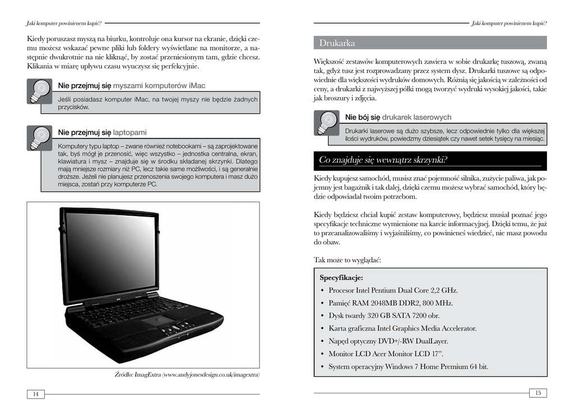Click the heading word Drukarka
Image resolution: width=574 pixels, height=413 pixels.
337,43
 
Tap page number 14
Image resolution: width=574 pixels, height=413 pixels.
35,394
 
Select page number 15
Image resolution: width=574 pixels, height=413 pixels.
538,393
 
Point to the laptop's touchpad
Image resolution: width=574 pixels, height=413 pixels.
160,321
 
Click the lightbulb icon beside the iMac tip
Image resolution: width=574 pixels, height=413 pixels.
39,91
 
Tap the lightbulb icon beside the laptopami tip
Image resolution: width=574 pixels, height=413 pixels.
39,137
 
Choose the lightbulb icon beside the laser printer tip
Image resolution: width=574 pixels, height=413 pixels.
326,122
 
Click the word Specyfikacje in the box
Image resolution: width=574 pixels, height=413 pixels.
341,278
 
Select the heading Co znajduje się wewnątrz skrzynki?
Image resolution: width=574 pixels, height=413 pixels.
383,160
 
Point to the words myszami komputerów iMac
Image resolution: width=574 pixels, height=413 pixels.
159,86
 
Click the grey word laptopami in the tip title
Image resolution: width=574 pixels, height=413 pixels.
129,132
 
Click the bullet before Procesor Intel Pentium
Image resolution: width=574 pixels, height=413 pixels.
322,291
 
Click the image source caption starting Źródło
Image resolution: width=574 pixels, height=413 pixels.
187,374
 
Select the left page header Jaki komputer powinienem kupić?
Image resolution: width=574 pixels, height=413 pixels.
64,23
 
